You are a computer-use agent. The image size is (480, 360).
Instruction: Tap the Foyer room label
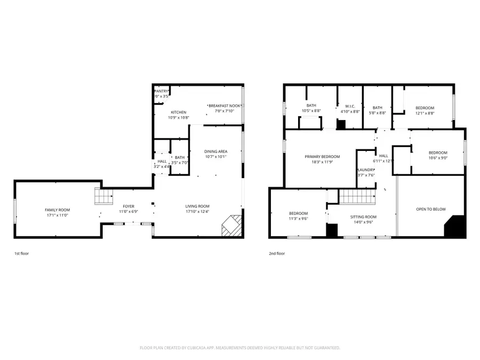[x=129, y=206]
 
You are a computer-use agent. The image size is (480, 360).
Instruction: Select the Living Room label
[x=197, y=206]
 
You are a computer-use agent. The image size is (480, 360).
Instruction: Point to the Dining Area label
[x=215, y=151]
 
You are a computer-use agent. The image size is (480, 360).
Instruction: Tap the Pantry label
[x=162, y=91]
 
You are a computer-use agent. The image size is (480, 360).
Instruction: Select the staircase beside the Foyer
[x=103, y=196]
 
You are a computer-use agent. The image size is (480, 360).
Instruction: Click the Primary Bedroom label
[x=322, y=157]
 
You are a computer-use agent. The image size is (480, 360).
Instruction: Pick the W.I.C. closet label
[x=350, y=106]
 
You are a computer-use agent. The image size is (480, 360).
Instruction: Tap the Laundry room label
[x=366, y=170]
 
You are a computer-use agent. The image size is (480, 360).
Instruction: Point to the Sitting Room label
[x=363, y=217]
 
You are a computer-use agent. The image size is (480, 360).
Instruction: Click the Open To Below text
[x=430, y=209]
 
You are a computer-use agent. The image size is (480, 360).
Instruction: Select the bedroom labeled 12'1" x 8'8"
[x=425, y=108]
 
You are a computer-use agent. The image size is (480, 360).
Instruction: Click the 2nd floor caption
[x=277, y=253]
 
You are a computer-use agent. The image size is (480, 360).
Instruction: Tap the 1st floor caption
[x=21, y=253]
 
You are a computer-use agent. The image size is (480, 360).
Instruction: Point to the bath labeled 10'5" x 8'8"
[x=311, y=106]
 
